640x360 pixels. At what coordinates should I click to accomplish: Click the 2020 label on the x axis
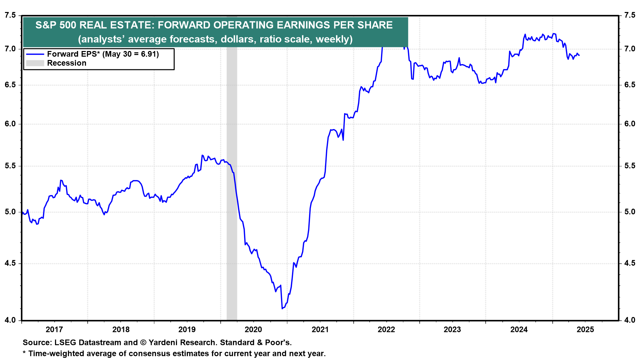tap(253, 330)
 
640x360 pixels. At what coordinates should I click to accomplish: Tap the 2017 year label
tap(54, 330)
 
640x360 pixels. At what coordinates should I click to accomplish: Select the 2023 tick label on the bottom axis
tap(452, 330)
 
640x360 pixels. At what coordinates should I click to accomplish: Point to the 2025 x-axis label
tap(585, 330)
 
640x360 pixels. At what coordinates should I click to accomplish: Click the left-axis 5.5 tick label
tap(10, 166)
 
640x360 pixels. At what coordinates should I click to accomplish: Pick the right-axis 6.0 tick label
tap(630, 124)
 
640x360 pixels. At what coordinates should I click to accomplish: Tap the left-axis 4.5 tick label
tap(10, 263)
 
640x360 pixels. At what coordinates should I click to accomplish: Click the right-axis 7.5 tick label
tap(630, 15)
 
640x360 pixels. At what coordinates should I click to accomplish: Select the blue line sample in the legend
tap(35, 54)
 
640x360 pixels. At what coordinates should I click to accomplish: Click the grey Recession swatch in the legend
tap(35, 63)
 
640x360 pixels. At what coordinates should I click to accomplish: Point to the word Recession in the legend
tap(67, 63)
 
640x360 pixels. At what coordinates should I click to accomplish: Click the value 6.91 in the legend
tap(149, 54)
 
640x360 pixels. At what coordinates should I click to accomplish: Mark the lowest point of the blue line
tap(282, 309)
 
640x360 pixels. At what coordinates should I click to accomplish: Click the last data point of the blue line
tap(579, 55)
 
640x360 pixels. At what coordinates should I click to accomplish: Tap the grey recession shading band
tap(232, 200)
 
